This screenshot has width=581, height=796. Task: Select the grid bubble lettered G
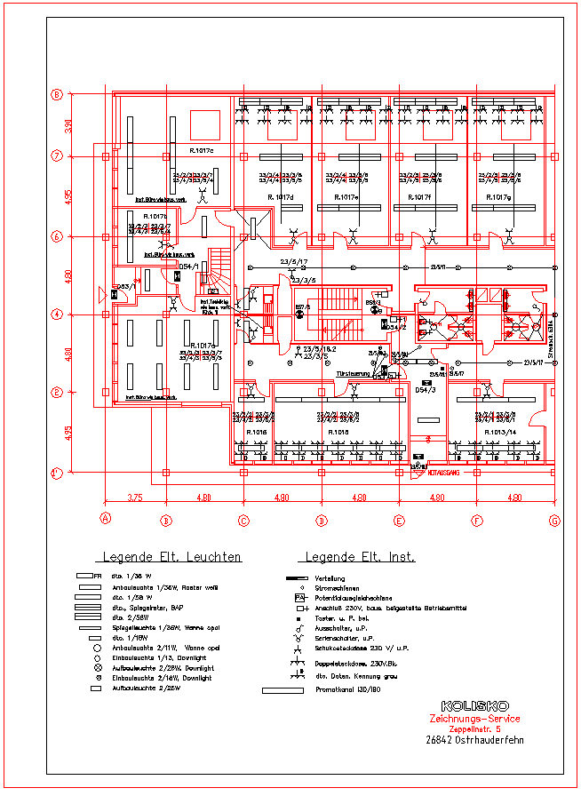(554, 520)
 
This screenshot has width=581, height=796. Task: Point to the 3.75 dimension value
(135, 498)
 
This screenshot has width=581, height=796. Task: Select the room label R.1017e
(346, 196)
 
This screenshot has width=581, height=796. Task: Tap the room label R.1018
(338, 432)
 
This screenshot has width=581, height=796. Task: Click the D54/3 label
(426, 390)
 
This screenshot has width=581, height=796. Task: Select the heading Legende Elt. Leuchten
(172, 557)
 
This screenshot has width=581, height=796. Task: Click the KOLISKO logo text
(474, 706)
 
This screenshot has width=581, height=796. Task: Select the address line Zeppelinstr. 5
(474, 728)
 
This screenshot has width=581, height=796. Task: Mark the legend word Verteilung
(330, 578)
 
